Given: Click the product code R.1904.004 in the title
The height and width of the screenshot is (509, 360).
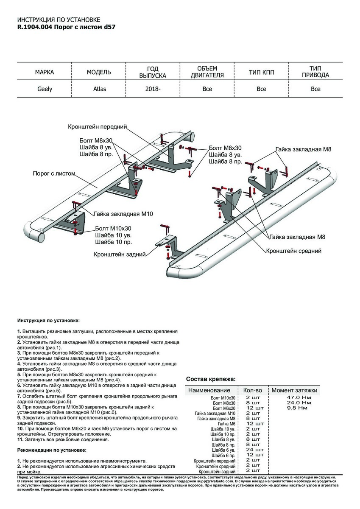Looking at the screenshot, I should (34, 26).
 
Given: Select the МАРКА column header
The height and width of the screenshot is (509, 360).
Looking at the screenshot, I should (44, 73).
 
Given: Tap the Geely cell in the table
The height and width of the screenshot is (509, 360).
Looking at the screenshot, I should (44, 89).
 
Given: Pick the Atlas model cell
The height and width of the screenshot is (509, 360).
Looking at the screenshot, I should (99, 89).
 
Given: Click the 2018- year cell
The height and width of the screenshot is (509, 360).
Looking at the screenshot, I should (153, 89).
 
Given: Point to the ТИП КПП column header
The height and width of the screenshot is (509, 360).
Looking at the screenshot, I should (261, 73).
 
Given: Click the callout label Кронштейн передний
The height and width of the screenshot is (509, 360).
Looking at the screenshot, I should (98, 127).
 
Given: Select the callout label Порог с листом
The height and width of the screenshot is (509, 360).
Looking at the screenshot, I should (54, 173).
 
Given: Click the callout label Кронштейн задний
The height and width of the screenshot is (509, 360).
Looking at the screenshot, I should (120, 254).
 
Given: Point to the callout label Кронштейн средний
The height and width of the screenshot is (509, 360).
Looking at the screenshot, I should (293, 251).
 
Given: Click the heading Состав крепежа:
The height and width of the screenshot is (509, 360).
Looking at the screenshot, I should (211, 379).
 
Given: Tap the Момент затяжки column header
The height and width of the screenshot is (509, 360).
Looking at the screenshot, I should (294, 390).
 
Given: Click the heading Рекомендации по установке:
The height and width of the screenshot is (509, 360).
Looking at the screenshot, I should (52, 450).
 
